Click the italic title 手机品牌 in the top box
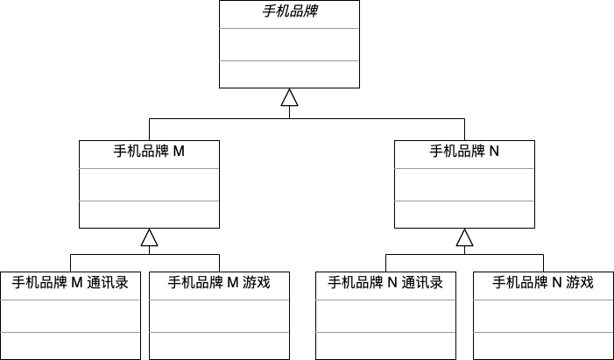pyautogui.click(x=290, y=11)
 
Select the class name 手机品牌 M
pyautogui.click(x=149, y=151)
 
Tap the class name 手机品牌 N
pyautogui.click(x=464, y=151)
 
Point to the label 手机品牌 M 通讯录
pyautogui.click(x=70, y=282)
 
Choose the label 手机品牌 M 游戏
pyautogui.click(x=219, y=282)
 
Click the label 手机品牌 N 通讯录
pyautogui.click(x=385, y=282)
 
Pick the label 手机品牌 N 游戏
pyautogui.click(x=543, y=282)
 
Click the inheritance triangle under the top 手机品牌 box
pyautogui.click(x=289, y=97)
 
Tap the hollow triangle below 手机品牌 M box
pyautogui.click(x=149, y=237)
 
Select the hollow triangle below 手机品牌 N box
pyautogui.click(x=464, y=237)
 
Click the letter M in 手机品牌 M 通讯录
pyautogui.click(x=77, y=283)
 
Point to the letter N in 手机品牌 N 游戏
pyautogui.click(x=557, y=283)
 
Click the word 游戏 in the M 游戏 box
pyautogui.click(x=257, y=282)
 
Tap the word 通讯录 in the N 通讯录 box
pyautogui.click(x=422, y=282)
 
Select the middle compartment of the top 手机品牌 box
pyautogui.click(x=289, y=45)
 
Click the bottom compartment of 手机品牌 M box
pyautogui.click(x=149, y=215)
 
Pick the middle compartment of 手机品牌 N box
pyautogui.click(x=464, y=185)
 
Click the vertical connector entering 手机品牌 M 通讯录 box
pyautogui.click(x=70, y=263)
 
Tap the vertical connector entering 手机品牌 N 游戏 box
pyautogui.click(x=543, y=263)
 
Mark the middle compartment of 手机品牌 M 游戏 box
pyautogui.click(x=219, y=316)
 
